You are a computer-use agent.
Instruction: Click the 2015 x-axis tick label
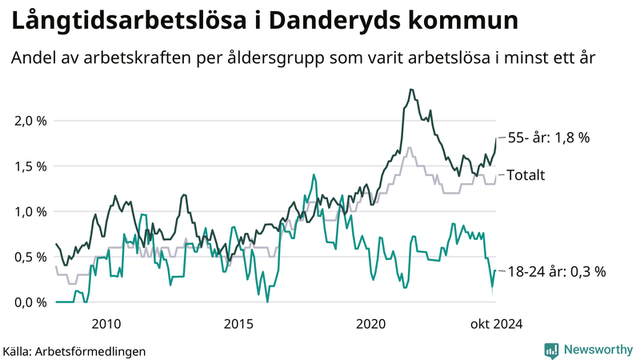coord(238,323)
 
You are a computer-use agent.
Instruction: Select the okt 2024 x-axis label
coord(496,323)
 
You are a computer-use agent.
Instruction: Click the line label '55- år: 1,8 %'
coord(549,138)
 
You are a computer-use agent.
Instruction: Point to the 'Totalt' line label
coord(526,174)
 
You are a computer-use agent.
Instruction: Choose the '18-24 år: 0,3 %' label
coord(557,272)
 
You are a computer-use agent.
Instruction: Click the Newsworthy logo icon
coord(551,350)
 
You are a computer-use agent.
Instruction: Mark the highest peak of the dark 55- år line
coord(410,90)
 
